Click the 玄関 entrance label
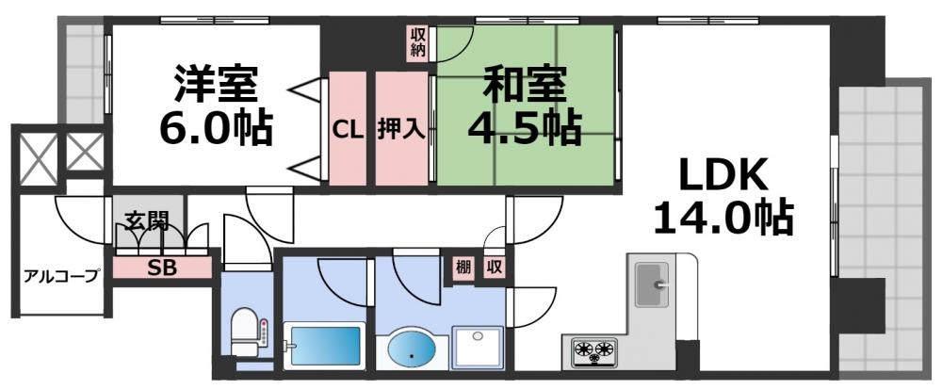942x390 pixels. [x=147, y=223]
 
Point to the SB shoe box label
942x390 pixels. [x=161, y=267]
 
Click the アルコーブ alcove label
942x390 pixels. [x=61, y=276]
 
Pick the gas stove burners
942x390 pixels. [x=593, y=352]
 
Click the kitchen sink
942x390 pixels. [x=652, y=284]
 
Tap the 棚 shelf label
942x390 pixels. [x=461, y=268]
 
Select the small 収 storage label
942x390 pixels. [x=494, y=268]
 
